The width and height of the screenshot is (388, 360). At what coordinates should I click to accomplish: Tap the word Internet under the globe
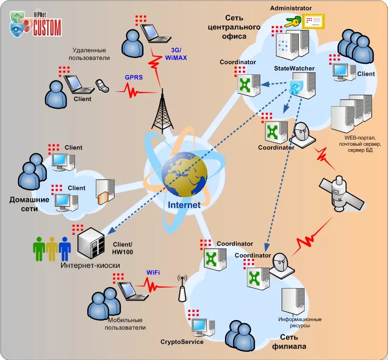184,205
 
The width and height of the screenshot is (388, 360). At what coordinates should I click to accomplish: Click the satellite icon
341,194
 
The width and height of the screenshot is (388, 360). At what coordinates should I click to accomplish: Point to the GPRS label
133,77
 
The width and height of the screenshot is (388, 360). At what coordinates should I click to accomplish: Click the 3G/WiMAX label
176,54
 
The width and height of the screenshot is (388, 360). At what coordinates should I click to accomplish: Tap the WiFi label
153,272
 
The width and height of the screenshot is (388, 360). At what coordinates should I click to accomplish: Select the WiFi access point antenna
181,290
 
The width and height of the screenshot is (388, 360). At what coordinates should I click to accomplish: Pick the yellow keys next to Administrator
292,21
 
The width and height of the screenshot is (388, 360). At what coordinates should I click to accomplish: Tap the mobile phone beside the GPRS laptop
102,85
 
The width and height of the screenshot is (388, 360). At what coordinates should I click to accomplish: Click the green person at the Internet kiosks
39,248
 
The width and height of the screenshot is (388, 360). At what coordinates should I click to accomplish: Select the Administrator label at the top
291,8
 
